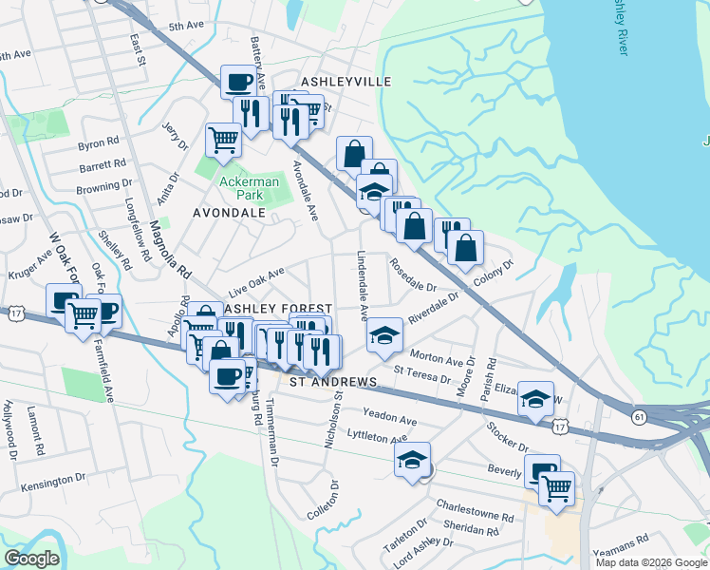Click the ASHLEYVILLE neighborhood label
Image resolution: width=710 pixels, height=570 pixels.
pyautogui.click(x=345, y=82)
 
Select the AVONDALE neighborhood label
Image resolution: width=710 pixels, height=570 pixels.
pyautogui.click(x=229, y=214)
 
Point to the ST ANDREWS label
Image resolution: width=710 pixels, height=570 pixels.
pyautogui.click(x=333, y=381)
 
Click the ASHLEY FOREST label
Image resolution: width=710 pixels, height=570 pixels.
pyautogui.click(x=276, y=309)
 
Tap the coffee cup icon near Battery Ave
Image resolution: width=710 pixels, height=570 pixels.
pyautogui.click(x=238, y=81)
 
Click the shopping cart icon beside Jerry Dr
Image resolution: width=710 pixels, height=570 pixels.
pyautogui.click(x=223, y=140)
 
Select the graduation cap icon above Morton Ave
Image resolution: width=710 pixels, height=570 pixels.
pyautogui.click(x=384, y=335)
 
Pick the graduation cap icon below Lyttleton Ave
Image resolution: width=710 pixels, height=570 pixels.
pyautogui.click(x=413, y=460)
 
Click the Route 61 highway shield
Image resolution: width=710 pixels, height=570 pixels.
pyautogui.click(x=639, y=416)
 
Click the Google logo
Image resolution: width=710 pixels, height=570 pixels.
pyautogui.click(x=31, y=559)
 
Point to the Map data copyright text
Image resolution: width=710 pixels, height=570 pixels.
pyautogui.click(x=650, y=562)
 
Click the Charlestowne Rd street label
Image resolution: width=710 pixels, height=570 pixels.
pyautogui.click(x=475, y=512)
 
